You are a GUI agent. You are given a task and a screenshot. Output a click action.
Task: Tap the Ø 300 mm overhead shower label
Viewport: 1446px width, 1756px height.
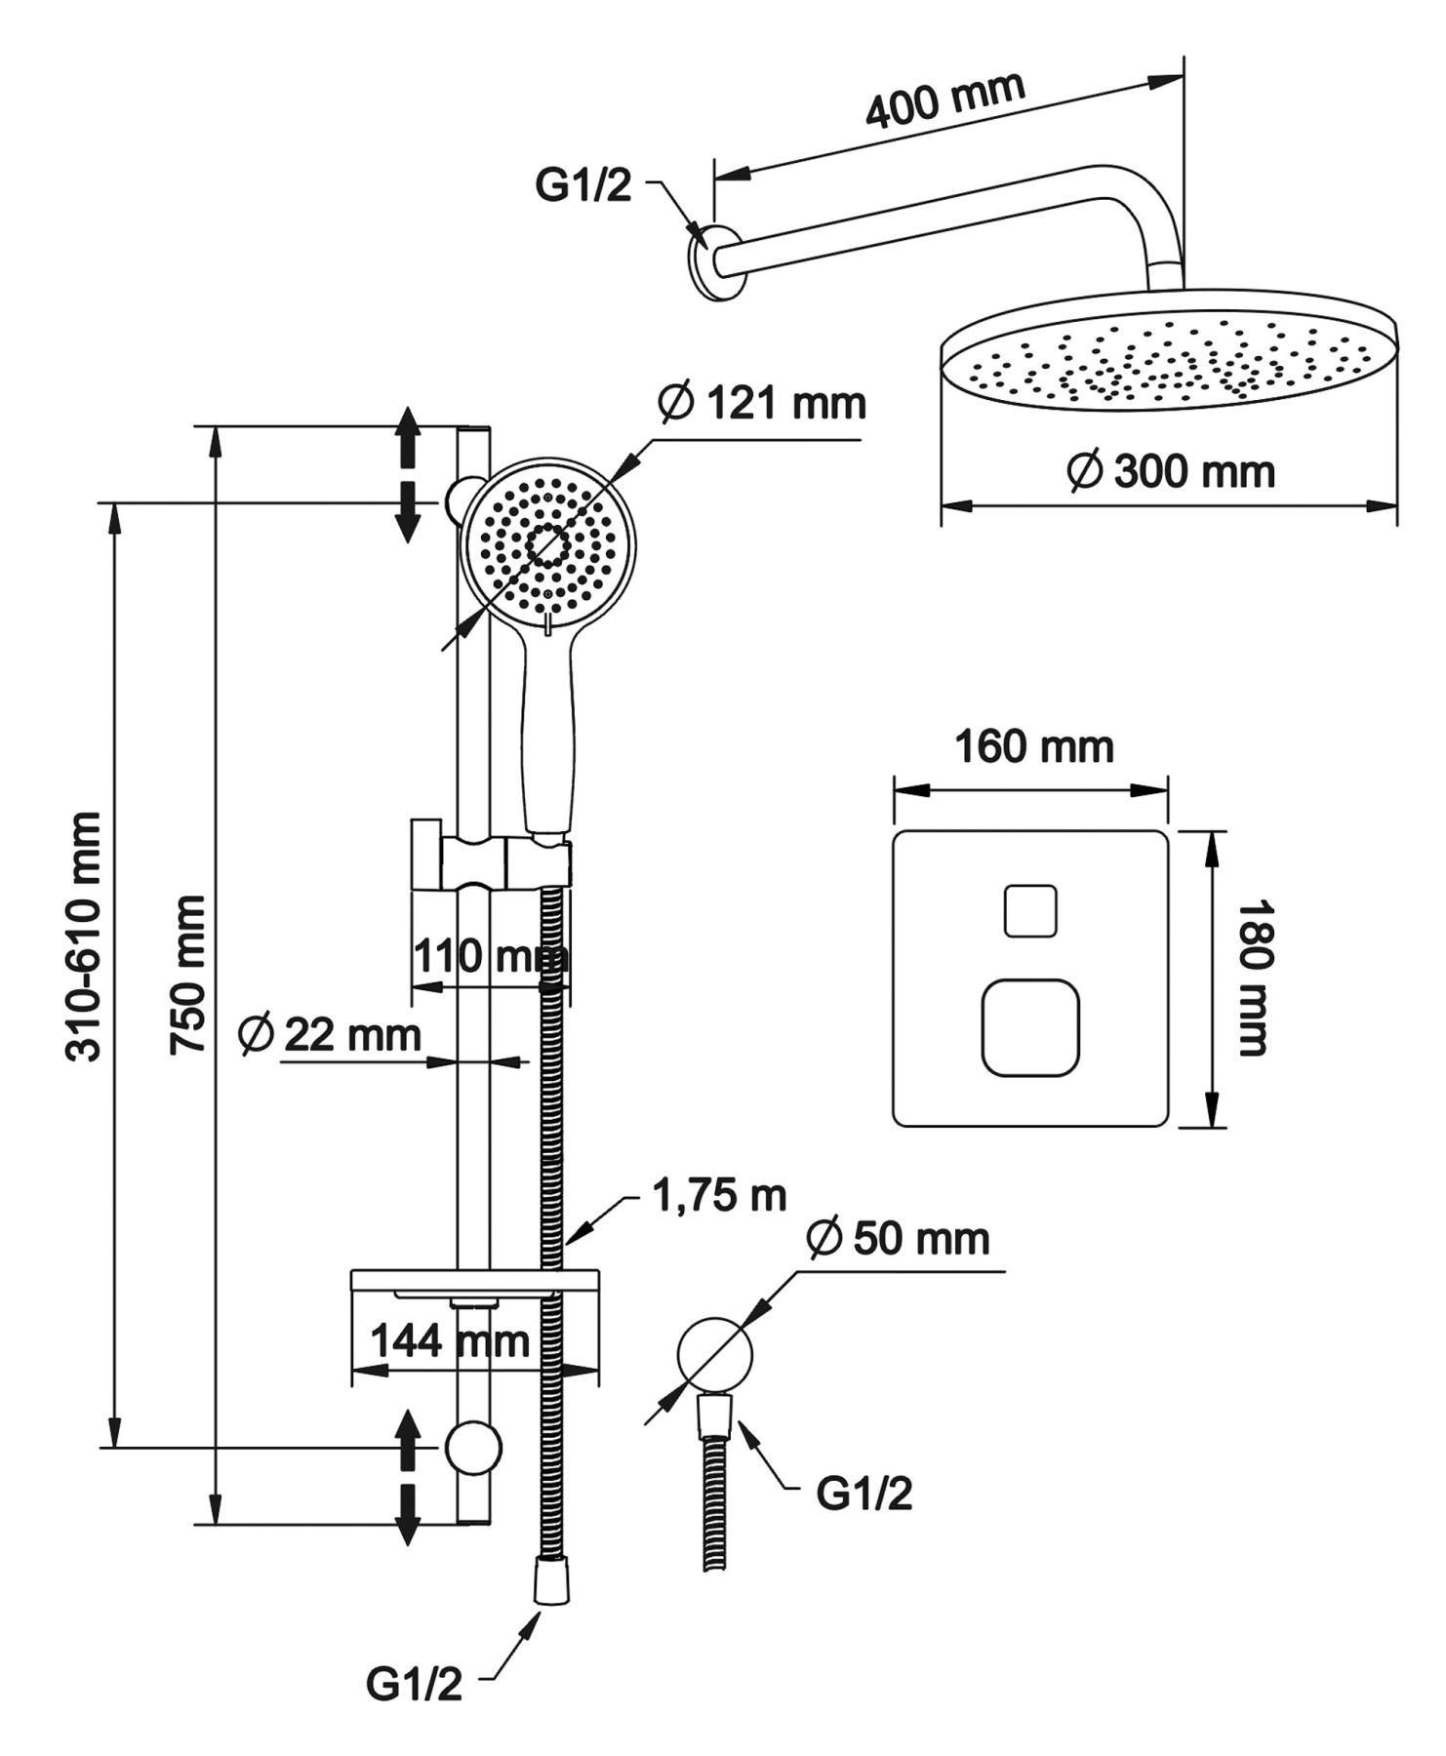1171,472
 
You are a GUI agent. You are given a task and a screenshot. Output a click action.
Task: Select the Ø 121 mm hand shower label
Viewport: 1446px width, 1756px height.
762,403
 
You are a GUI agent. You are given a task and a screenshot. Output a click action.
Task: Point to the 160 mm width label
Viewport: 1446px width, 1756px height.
1033,748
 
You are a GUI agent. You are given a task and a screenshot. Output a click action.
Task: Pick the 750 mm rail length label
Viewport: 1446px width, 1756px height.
188,975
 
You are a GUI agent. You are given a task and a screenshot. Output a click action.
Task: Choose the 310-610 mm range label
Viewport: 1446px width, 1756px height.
84,937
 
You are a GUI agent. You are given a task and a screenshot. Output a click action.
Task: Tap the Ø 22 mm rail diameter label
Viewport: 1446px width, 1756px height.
330,1034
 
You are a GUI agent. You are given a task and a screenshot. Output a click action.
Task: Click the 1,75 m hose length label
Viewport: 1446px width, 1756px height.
720,1196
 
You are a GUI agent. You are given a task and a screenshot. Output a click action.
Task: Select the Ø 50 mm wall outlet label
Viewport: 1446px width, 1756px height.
899,1239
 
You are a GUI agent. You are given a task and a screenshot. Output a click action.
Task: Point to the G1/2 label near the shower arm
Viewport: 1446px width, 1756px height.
583,185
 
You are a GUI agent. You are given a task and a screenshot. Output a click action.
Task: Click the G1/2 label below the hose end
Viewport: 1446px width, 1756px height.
414,1685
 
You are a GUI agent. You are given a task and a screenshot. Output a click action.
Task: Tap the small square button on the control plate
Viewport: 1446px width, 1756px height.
1030,911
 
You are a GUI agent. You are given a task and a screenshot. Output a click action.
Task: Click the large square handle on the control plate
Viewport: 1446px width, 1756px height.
1030,1028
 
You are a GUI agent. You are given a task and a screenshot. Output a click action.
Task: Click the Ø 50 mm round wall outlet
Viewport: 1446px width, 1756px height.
714,1352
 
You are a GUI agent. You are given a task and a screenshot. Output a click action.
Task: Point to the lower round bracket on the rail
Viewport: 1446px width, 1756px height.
473,1448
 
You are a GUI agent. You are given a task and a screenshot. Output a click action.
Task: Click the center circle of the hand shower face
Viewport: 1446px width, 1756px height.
547,546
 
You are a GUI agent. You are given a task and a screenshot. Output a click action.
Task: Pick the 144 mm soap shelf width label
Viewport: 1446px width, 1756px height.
450,1341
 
